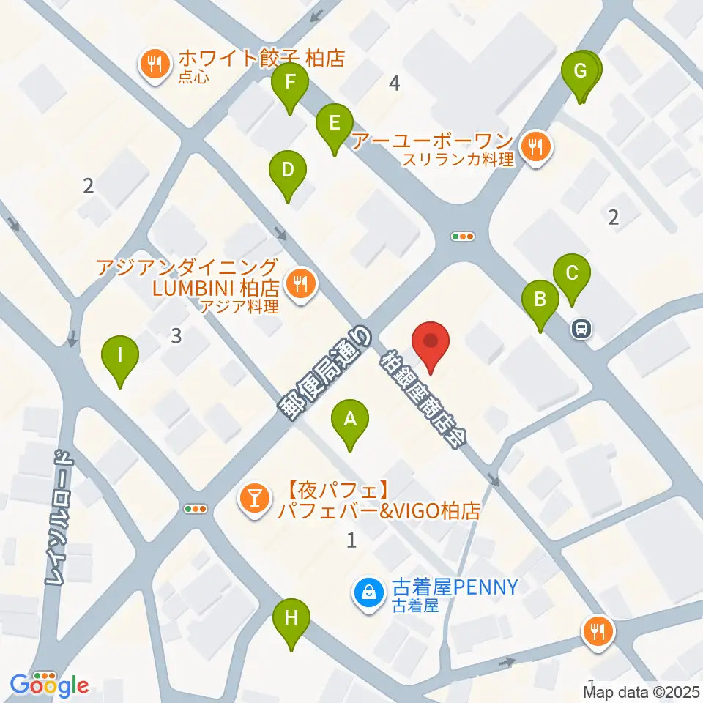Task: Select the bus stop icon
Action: click(x=582, y=329)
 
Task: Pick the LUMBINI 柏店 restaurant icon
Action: click(x=300, y=284)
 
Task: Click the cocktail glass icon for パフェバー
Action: click(x=255, y=500)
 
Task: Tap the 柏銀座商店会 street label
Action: click(x=423, y=401)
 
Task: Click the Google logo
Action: click(x=50, y=685)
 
